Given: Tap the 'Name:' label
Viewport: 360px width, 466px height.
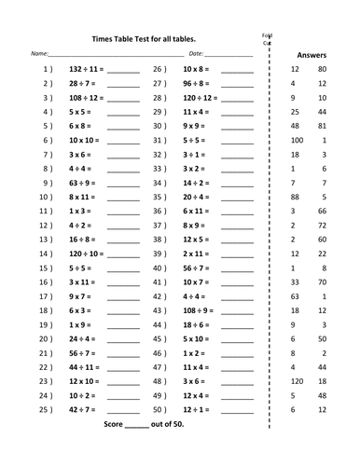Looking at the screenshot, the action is tap(39, 54).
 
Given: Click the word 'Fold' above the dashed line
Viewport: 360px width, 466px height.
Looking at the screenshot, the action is tap(268, 35).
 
